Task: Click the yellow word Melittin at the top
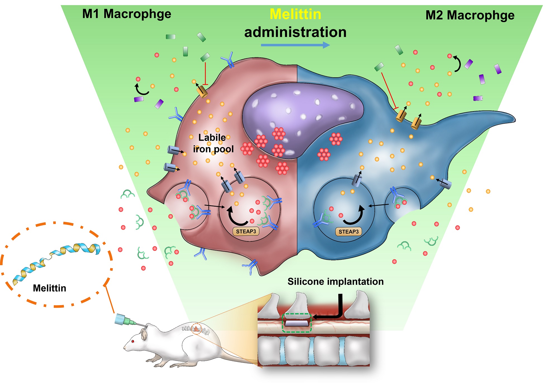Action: [295, 14]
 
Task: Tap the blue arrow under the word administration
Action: [295, 45]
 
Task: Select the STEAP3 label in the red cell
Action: [246, 232]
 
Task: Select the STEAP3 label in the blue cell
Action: [349, 232]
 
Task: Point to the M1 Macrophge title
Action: [127, 14]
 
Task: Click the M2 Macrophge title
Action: [470, 15]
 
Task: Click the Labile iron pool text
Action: [213, 143]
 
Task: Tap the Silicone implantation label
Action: [335, 282]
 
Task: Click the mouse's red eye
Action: [133, 341]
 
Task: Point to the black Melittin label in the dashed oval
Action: [49, 288]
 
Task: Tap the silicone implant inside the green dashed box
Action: [297, 323]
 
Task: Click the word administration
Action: [295, 32]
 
